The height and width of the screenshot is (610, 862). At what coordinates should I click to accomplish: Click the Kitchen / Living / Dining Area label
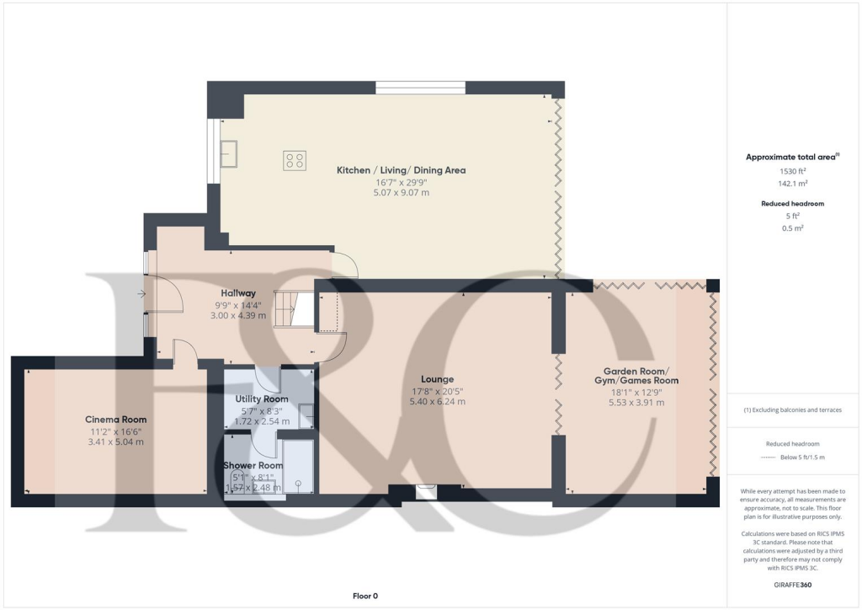click(x=401, y=170)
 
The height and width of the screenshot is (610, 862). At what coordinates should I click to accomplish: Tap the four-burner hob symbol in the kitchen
click(x=295, y=160)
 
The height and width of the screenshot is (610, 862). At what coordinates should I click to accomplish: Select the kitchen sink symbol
click(x=229, y=152)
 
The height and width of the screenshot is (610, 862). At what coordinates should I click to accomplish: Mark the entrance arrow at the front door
click(x=141, y=293)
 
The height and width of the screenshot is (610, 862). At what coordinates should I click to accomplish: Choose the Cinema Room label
click(x=116, y=419)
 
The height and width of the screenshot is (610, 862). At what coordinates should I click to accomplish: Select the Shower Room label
click(x=253, y=465)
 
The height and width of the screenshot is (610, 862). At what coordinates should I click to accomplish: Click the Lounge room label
click(x=438, y=379)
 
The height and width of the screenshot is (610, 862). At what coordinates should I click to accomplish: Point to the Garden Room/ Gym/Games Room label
click(x=636, y=376)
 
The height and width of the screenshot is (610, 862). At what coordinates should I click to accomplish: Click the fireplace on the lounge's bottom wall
click(x=427, y=490)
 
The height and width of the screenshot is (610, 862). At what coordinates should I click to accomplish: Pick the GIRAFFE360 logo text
click(x=792, y=585)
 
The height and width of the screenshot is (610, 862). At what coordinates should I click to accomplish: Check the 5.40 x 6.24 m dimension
click(x=438, y=402)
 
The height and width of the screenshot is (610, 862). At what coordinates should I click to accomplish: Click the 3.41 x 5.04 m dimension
click(x=116, y=441)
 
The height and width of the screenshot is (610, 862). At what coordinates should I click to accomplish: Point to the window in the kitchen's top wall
click(x=420, y=88)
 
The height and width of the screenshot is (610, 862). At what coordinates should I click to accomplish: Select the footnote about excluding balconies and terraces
click(x=792, y=410)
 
